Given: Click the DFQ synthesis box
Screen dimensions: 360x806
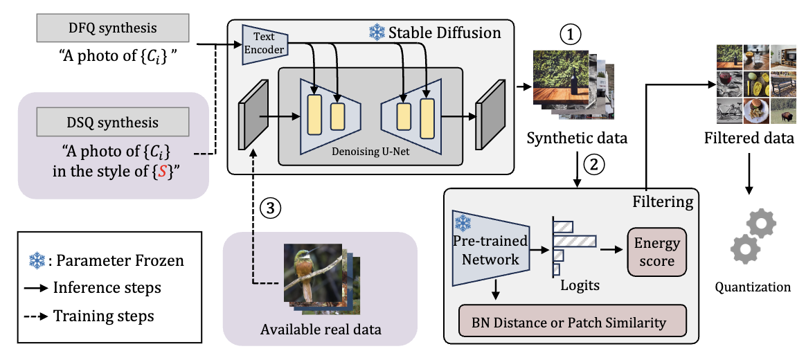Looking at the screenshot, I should [111, 28].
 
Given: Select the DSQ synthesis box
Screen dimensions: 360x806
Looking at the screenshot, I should [111, 123].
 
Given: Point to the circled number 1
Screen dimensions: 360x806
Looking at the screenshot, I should [570, 33].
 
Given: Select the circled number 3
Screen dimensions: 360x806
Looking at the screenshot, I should [270, 207].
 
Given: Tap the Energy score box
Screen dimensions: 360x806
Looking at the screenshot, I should [656, 252].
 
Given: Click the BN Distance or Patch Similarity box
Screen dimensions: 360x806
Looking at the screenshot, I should [573, 321].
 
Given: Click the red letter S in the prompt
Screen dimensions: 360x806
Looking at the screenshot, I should [160, 172].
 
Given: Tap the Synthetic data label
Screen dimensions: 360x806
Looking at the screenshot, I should [577, 138].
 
